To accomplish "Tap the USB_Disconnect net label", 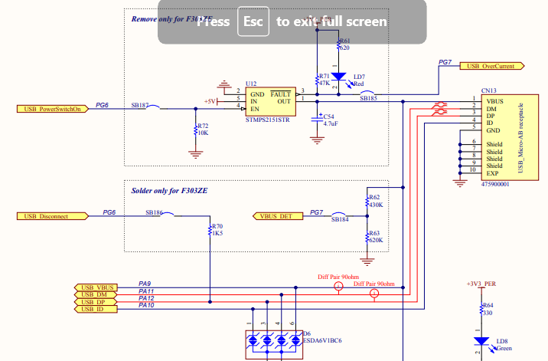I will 47,216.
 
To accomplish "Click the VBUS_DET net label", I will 276,216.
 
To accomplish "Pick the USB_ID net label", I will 95,309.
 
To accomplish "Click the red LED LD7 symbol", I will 338,77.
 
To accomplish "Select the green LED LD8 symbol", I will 481,342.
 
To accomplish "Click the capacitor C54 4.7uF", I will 317,120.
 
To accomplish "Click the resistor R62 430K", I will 368,202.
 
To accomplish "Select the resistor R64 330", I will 481,308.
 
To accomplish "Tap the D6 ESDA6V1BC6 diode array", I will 273,342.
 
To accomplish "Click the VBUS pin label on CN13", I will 495,100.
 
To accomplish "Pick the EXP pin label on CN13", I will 493,173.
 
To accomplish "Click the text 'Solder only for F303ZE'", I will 169,190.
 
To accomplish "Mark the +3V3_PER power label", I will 481,284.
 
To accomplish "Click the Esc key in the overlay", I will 253,21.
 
